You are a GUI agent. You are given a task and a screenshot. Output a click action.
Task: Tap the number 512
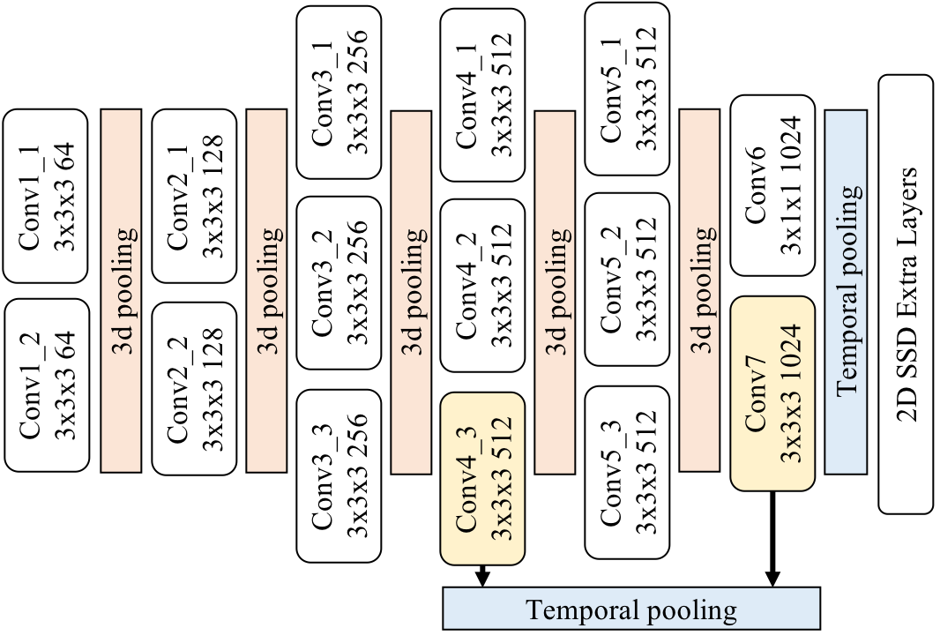pos(501,438)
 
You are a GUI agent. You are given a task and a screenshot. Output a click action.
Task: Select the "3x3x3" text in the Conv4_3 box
pos(501,508)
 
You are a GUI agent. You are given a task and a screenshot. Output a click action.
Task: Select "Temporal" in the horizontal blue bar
pos(579,609)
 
